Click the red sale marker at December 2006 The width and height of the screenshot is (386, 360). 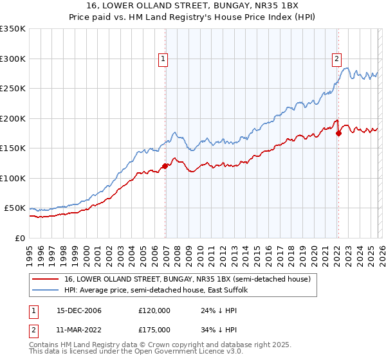[x=165, y=166]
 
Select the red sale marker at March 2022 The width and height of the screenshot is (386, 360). [x=338, y=133]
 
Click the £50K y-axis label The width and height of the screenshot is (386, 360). [x=15, y=208]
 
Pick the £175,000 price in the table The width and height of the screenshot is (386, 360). [x=154, y=329]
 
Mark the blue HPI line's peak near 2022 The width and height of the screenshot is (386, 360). [x=346, y=68]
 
